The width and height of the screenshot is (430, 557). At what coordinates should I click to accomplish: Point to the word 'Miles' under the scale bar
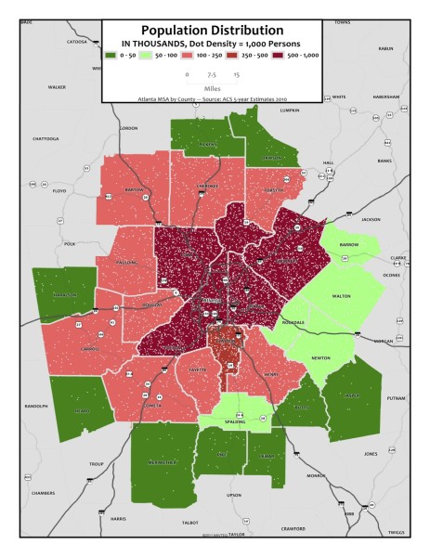point(212,89)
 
